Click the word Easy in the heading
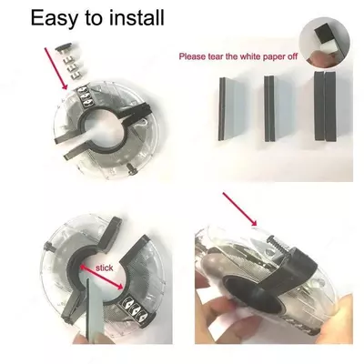pos(55,18)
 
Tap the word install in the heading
pos(136,17)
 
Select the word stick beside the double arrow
pos(105,268)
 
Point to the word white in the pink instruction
pos(250,56)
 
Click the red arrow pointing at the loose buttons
pos(56,68)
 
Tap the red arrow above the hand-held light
pos(240,209)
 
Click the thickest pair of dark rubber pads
pos(326,106)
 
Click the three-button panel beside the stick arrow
pos(136,308)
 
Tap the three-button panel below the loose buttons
pos(84,97)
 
